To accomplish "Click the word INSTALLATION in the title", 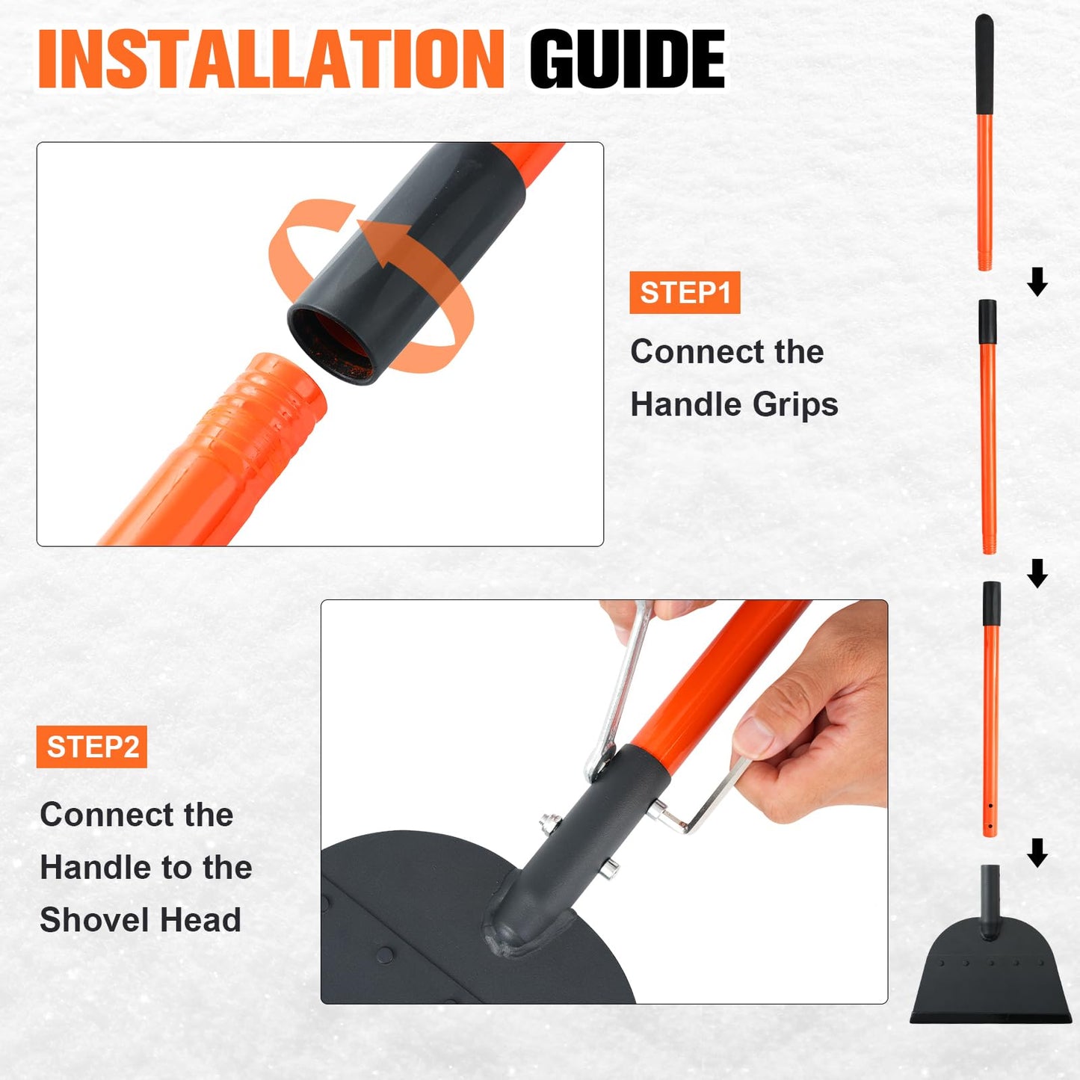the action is pos(271,59).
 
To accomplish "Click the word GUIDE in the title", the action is pos(627,59).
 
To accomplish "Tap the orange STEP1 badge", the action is pos(685,292).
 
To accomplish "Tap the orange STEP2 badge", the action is pos(92,747).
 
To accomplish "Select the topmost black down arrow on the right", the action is pos(1037,282).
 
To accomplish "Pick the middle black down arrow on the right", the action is pos(1037,573).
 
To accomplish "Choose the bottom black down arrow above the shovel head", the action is pos(1037,853).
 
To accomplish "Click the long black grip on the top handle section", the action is pos(984,64).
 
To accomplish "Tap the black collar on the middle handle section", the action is pos(987,321).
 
